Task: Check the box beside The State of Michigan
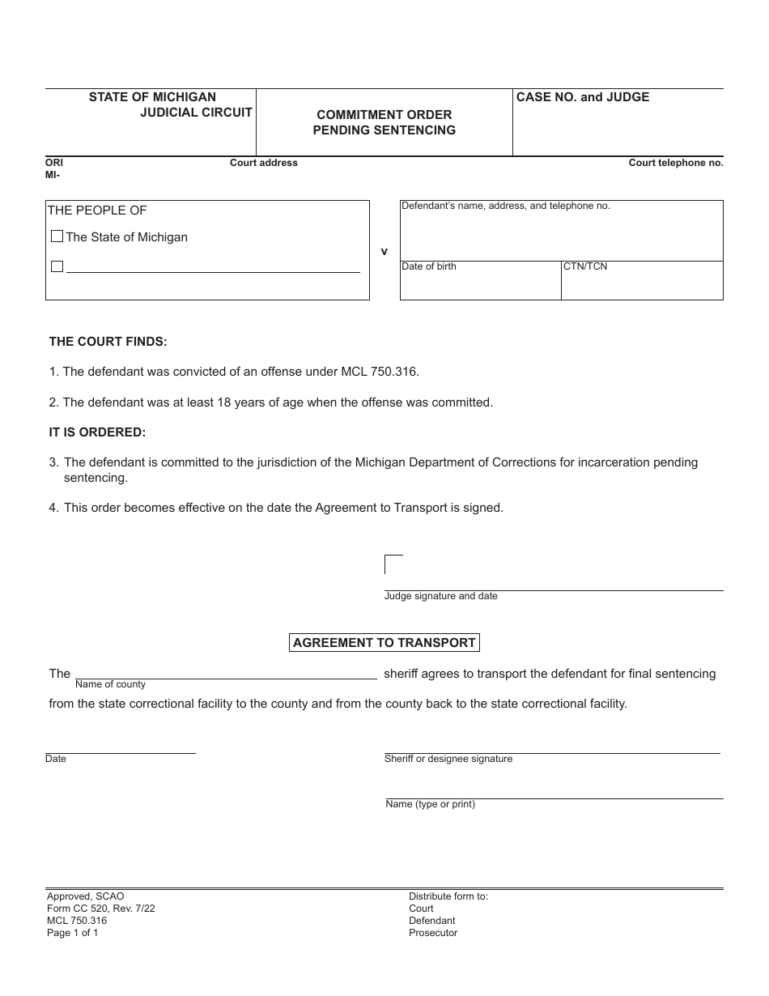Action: click(x=57, y=237)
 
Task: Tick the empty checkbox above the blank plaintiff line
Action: click(x=57, y=266)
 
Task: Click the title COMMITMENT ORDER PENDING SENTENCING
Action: click(x=384, y=122)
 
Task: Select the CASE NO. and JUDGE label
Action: click(x=583, y=97)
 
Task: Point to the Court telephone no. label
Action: click(x=676, y=163)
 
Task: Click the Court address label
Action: click(x=264, y=163)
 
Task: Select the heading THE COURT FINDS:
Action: click(x=108, y=342)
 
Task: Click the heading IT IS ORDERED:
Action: click(x=98, y=432)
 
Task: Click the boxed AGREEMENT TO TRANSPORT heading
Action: click(x=384, y=643)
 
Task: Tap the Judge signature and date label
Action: click(x=441, y=596)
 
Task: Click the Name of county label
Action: click(x=111, y=684)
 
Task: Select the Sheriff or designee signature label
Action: click(x=448, y=759)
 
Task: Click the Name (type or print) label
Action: click(x=431, y=804)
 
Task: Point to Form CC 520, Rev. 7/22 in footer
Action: click(x=101, y=909)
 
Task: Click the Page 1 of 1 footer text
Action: click(x=73, y=933)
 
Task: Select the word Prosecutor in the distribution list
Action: click(x=433, y=933)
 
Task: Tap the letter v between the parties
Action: click(x=384, y=252)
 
